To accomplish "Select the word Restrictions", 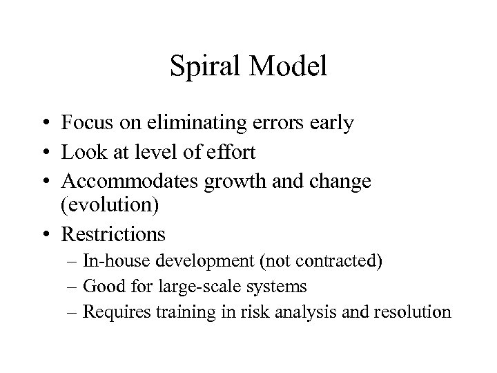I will click(x=113, y=235).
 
